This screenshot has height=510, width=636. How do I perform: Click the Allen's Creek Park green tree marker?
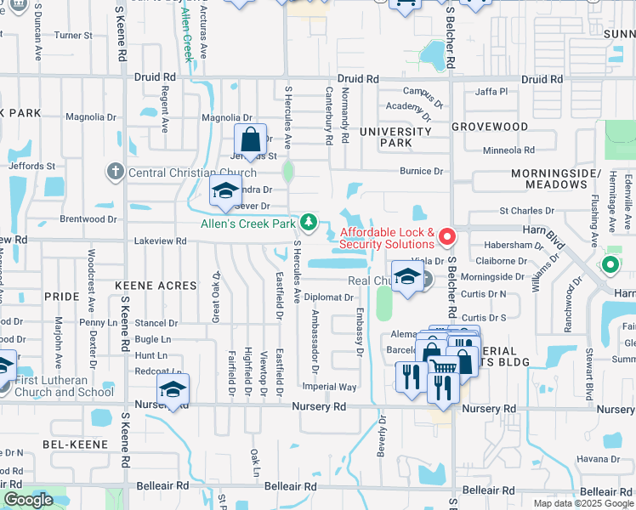pyautogui.click(x=309, y=223)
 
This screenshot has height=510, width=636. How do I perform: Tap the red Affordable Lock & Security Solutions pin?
pyautogui.click(x=446, y=235)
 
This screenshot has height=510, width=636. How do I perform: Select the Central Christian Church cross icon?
pyautogui.click(x=116, y=173)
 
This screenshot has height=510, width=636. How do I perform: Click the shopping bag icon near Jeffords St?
pyautogui.click(x=251, y=139)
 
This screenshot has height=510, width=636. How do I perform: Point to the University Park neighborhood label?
pyautogui.click(x=395, y=137)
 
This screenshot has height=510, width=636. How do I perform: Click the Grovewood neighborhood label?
pyautogui.click(x=490, y=126)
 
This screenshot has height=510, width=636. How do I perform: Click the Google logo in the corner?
pyautogui.click(x=29, y=500)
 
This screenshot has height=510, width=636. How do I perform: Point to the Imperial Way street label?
pyautogui.click(x=329, y=387)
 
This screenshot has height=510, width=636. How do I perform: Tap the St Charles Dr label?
pyautogui.click(x=526, y=210)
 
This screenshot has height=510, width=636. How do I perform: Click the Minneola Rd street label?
pyautogui.click(x=508, y=150)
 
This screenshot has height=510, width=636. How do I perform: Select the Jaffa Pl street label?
pyautogui.click(x=491, y=91)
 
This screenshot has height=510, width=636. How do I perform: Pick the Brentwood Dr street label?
pyautogui.click(x=88, y=218)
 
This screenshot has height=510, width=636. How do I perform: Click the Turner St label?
pyautogui.click(x=73, y=36)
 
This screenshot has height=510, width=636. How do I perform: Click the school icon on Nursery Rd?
pyautogui.click(x=173, y=389)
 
